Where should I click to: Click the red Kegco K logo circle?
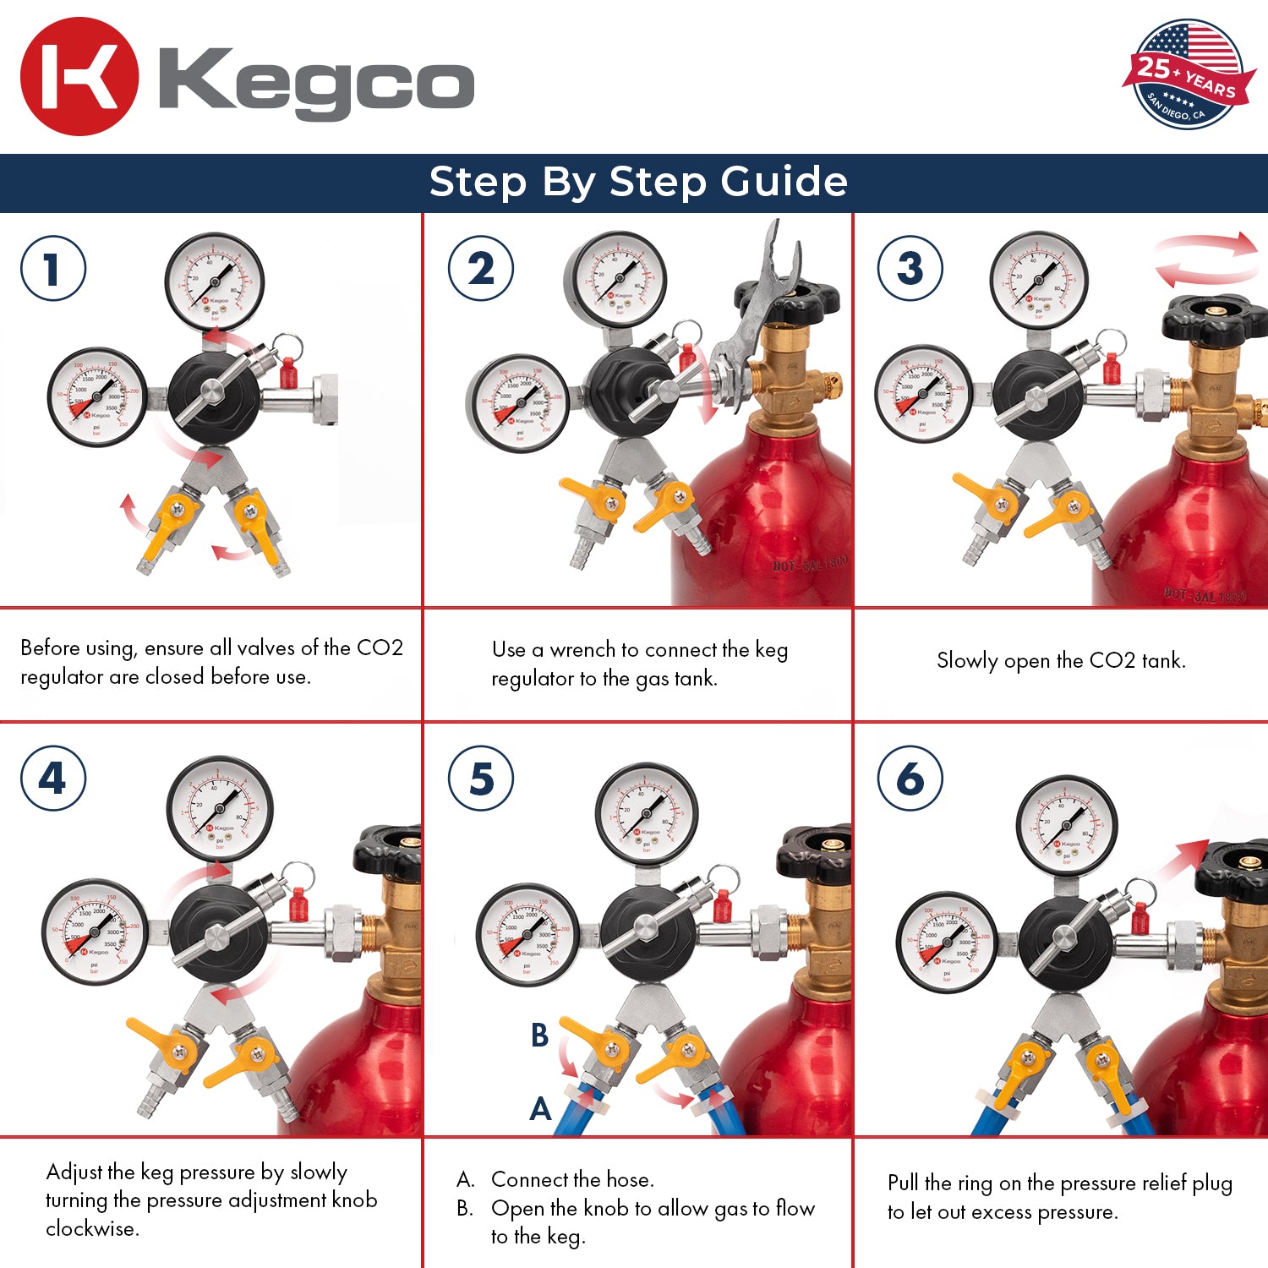pos(79,77)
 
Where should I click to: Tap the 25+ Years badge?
pos(1187,74)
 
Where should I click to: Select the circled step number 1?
pos(53,269)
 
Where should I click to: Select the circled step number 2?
pos(481,269)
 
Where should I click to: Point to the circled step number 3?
pos(910,269)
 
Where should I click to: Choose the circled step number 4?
pos(53,779)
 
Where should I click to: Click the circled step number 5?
pos(481,779)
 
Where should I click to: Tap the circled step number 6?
pos(910,779)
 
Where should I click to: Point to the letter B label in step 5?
pos(539,1035)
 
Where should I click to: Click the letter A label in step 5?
pos(540,1108)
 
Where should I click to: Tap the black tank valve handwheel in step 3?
pos(1216,320)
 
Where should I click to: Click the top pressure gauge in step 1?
pos(215,282)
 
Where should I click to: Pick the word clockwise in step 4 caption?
pos(92,1228)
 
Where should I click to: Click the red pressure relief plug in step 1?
pos(288,372)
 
